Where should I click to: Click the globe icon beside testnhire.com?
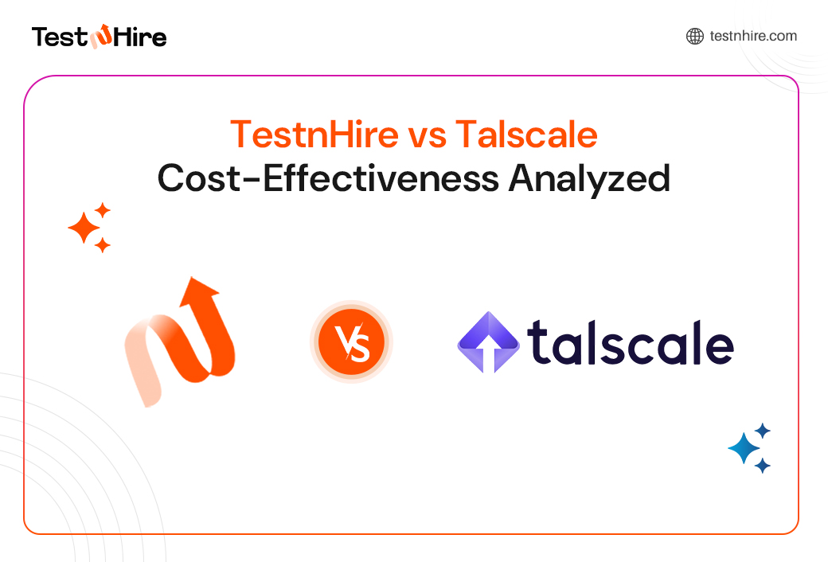coord(694,36)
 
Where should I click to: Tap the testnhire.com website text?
coord(752,36)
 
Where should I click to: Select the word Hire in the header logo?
coord(140,37)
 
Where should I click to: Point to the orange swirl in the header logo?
coord(100,37)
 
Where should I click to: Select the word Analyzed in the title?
coord(589,178)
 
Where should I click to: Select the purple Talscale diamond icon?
coord(488,342)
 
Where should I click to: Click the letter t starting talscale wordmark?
coord(537,342)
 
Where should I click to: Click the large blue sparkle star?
coord(744,449)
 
